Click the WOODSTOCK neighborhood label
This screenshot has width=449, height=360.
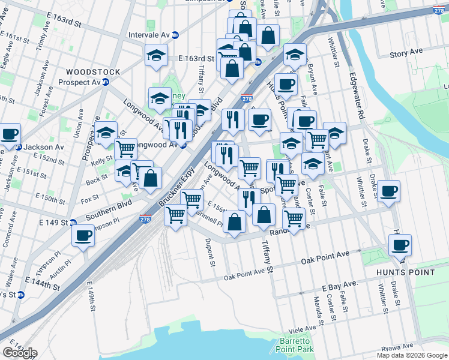coord(93,72)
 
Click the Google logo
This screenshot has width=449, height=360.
coord(19,352)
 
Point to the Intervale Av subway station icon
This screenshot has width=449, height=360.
coord(175,35)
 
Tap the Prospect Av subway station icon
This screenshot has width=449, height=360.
coord(105,82)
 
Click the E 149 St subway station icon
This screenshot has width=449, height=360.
coord(73,222)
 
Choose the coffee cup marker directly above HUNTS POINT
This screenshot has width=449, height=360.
coord(400,245)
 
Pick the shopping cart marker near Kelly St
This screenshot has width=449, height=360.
coord(125,148)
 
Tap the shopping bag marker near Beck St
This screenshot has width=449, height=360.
coord(151,178)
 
